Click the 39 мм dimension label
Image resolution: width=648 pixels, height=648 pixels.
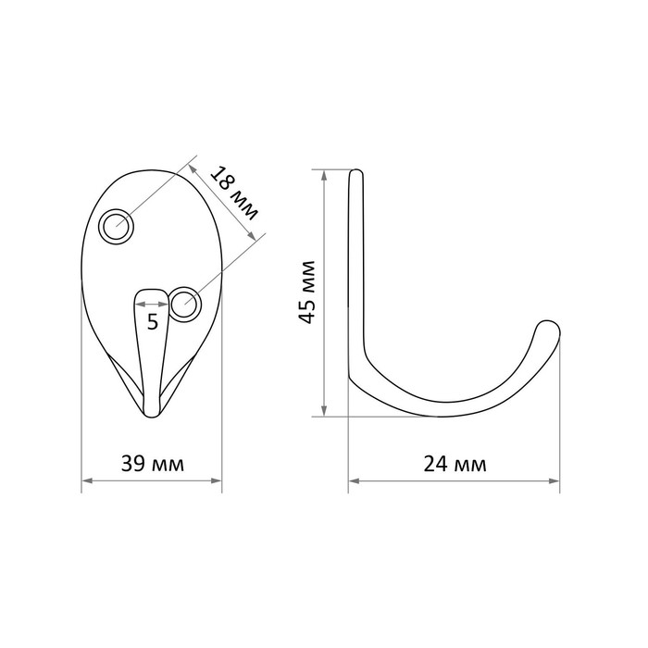point(153,464)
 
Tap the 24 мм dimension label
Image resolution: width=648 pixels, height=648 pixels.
point(455,464)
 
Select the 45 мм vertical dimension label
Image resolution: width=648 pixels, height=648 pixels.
point(307,293)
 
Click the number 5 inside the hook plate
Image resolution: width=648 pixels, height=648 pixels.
point(153,321)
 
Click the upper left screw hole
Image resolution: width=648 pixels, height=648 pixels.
point(117,227)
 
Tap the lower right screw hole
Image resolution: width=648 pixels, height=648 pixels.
point(185,305)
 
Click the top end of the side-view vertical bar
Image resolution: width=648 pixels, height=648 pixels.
point(356,171)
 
